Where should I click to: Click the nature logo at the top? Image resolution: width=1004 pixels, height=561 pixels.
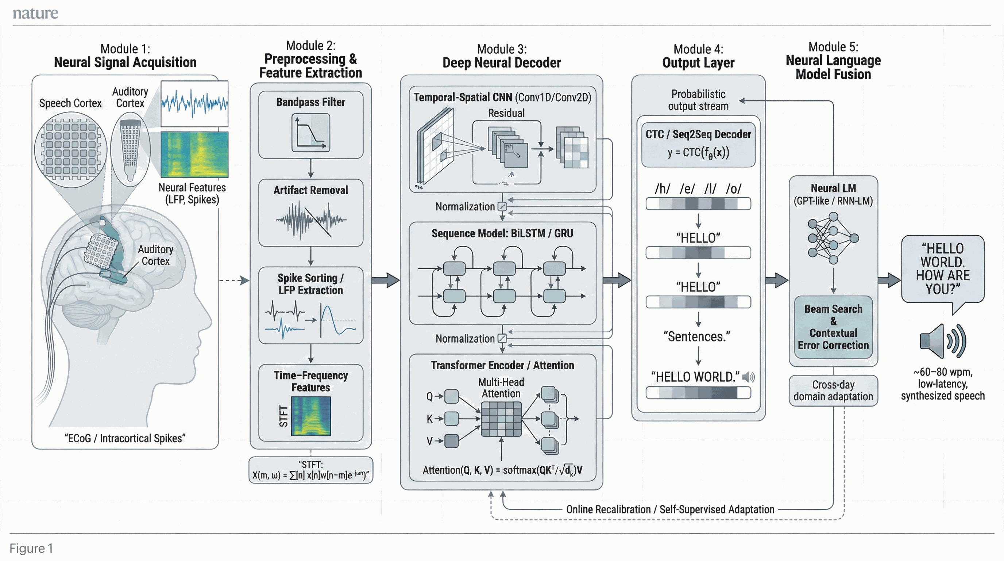[x=35, y=13]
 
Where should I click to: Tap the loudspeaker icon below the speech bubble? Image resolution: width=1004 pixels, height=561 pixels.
[x=942, y=341]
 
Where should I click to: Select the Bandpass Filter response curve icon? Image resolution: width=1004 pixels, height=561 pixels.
[x=310, y=133]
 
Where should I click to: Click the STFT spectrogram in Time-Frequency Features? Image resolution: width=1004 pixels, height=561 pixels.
[x=311, y=416]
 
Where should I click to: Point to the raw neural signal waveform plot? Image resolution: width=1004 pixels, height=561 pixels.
[x=194, y=103]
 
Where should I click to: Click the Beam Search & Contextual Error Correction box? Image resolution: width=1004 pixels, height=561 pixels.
[x=833, y=327]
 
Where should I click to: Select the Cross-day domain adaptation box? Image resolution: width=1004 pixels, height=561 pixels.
[x=833, y=390]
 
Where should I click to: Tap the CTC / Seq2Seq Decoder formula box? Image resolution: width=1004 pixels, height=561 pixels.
[x=698, y=145]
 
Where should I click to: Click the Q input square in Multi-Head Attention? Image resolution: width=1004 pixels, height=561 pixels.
[x=451, y=396]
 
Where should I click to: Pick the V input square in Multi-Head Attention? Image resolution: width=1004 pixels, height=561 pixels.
[x=451, y=441]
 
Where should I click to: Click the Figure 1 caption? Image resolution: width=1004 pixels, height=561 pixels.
[x=31, y=548]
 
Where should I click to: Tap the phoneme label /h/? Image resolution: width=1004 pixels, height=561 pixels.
[x=663, y=189]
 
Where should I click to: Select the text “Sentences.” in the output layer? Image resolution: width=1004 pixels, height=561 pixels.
[x=697, y=336]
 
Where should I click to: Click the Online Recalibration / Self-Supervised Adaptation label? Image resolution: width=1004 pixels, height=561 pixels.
[x=670, y=509]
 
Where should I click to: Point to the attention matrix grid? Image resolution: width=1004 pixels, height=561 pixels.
[x=501, y=419]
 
